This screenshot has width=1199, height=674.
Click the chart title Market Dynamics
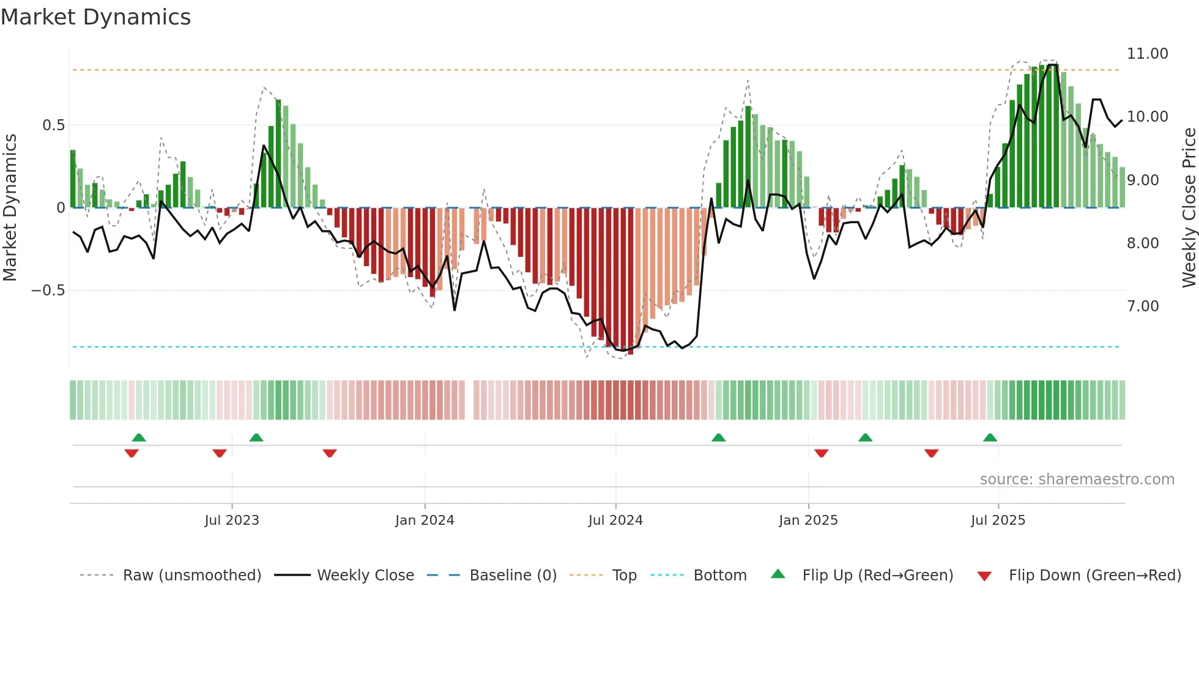point(96,17)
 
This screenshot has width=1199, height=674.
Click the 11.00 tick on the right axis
point(1147,54)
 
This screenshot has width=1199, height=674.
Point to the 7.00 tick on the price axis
point(1143,306)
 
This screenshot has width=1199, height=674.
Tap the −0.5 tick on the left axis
point(48,291)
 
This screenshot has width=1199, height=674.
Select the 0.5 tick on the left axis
point(53,125)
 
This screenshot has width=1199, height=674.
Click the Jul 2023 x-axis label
point(232,520)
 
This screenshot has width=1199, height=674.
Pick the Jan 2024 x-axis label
point(425,520)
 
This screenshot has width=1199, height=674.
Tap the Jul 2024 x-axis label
point(615,520)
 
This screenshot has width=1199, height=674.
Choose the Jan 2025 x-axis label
point(808,520)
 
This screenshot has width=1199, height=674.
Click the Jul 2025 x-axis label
point(998,520)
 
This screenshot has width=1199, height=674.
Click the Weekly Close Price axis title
point(1189,207)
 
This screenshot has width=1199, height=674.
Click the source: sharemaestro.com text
point(1077,480)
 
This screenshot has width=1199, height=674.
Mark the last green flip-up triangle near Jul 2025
point(990,438)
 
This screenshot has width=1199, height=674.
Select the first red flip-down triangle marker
point(132,453)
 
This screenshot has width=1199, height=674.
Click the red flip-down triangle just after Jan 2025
point(821,453)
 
